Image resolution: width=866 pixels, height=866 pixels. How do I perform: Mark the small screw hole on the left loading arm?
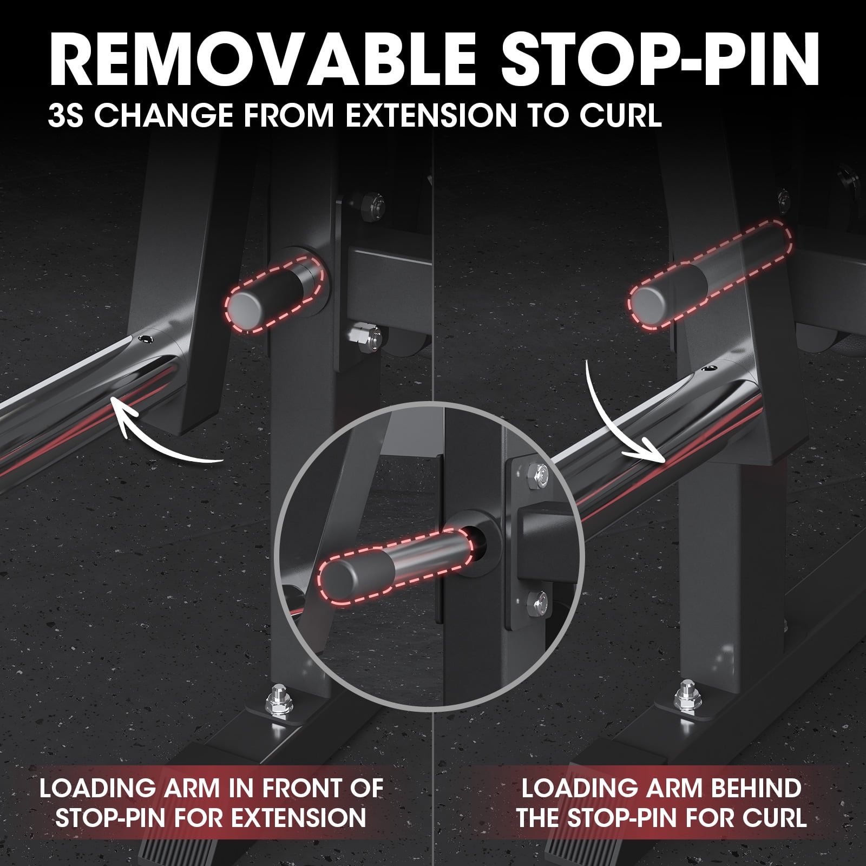(145, 338)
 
